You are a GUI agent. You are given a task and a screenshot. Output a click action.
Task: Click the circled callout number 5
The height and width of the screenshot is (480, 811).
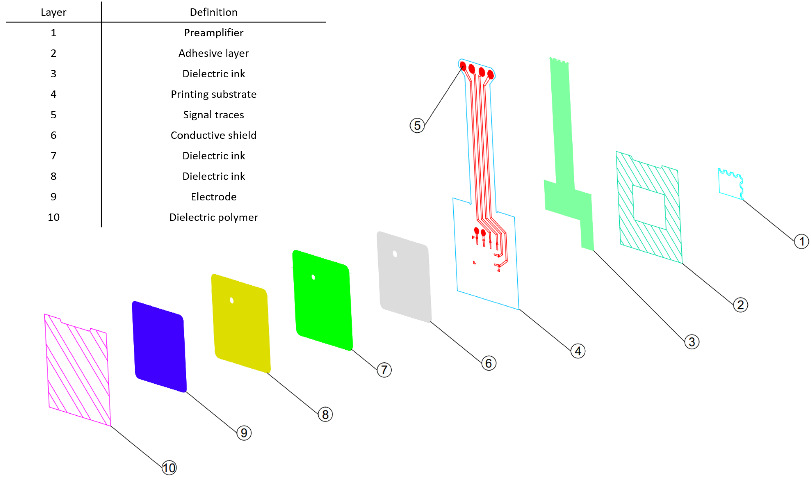pos(417,125)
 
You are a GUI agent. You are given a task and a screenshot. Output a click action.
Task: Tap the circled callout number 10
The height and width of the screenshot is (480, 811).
pos(169,468)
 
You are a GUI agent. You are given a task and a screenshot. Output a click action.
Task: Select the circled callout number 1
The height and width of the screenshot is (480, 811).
pos(801,241)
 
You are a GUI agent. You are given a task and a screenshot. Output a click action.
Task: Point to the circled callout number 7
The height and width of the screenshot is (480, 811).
pos(384,370)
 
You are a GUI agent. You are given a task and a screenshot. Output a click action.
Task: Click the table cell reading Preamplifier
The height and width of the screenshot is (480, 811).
pos(213,33)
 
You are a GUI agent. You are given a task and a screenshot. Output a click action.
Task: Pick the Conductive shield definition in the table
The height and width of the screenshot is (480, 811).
pos(213,135)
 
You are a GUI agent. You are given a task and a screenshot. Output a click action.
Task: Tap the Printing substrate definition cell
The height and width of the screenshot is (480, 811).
pos(213,94)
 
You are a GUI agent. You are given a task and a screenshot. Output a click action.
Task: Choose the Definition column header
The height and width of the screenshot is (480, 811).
pos(213,12)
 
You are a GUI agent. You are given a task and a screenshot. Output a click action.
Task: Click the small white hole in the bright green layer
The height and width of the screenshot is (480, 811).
pos(313,277)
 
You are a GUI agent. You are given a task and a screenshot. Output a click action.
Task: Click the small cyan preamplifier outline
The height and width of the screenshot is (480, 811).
pos(730,184)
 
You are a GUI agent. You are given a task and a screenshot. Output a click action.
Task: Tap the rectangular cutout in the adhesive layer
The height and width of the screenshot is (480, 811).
pos(649,207)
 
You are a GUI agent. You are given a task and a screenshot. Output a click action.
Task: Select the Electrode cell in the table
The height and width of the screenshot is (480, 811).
pos(213,197)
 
